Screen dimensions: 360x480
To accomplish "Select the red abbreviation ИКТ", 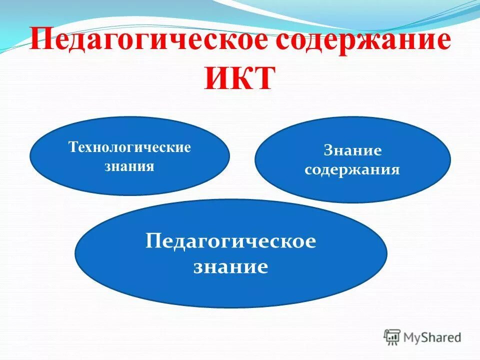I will pyautogui.click(x=240, y=78).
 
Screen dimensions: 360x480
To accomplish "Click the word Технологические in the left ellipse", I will pyautogui.click(x=129, y=148).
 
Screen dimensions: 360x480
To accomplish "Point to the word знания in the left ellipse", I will pyautogui.click(x=129, y=166).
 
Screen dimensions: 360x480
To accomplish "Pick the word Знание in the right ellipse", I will pyautogui.click(x=352, y=150).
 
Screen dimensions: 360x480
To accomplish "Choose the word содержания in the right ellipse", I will pyautogui.click(x=352, y=169).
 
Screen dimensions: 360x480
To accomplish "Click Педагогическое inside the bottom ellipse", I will pyautogui.click(x=231, y=242).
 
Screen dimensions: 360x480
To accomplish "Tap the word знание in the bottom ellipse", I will pyautogui.click(x=231, y=266).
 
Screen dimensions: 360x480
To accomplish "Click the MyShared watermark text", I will pyautogui.click(x=433, y=337).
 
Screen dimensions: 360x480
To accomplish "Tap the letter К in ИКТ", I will pyautogui.click(x=240, y=78).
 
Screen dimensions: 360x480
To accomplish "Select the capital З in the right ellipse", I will pyautogui.click(x=328, y=150).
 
